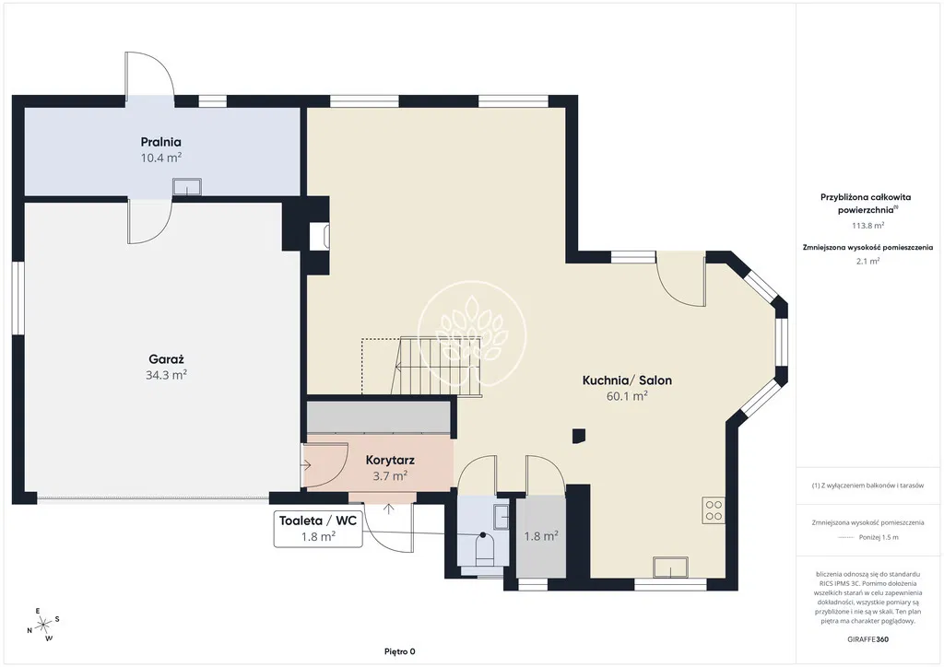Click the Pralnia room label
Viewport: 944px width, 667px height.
[x=160, y=142]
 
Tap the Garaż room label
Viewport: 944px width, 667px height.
[x=166, y=359]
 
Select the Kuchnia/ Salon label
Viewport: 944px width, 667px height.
[x=627, y=380]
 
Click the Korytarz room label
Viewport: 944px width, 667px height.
[x=390, y=460]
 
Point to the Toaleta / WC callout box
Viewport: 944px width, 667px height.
[x=318, y=529]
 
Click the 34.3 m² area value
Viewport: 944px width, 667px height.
[x=166, y=375]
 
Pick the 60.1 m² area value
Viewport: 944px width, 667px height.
[x=627, y=396]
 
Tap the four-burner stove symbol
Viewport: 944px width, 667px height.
[x=714, y=510]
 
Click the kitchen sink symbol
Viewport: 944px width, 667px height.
[x=671, y=568]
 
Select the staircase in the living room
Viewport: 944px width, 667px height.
[x=421, y=367]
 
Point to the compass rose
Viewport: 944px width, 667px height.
[x=43, y=625]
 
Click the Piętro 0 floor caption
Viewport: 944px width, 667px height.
[x=400, y=651]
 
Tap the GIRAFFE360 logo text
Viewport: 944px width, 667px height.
[x=867, y=638]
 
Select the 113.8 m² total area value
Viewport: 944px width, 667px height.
[x=867, y=226]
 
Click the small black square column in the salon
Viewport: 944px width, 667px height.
[x=579, y=436]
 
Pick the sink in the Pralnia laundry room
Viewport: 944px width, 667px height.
[x=186, y=186]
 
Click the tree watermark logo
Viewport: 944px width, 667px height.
[x=472, y=334]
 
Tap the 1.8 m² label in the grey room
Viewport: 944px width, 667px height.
[x=540, y=536]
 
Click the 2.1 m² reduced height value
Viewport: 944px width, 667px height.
[x=867, y=261]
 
